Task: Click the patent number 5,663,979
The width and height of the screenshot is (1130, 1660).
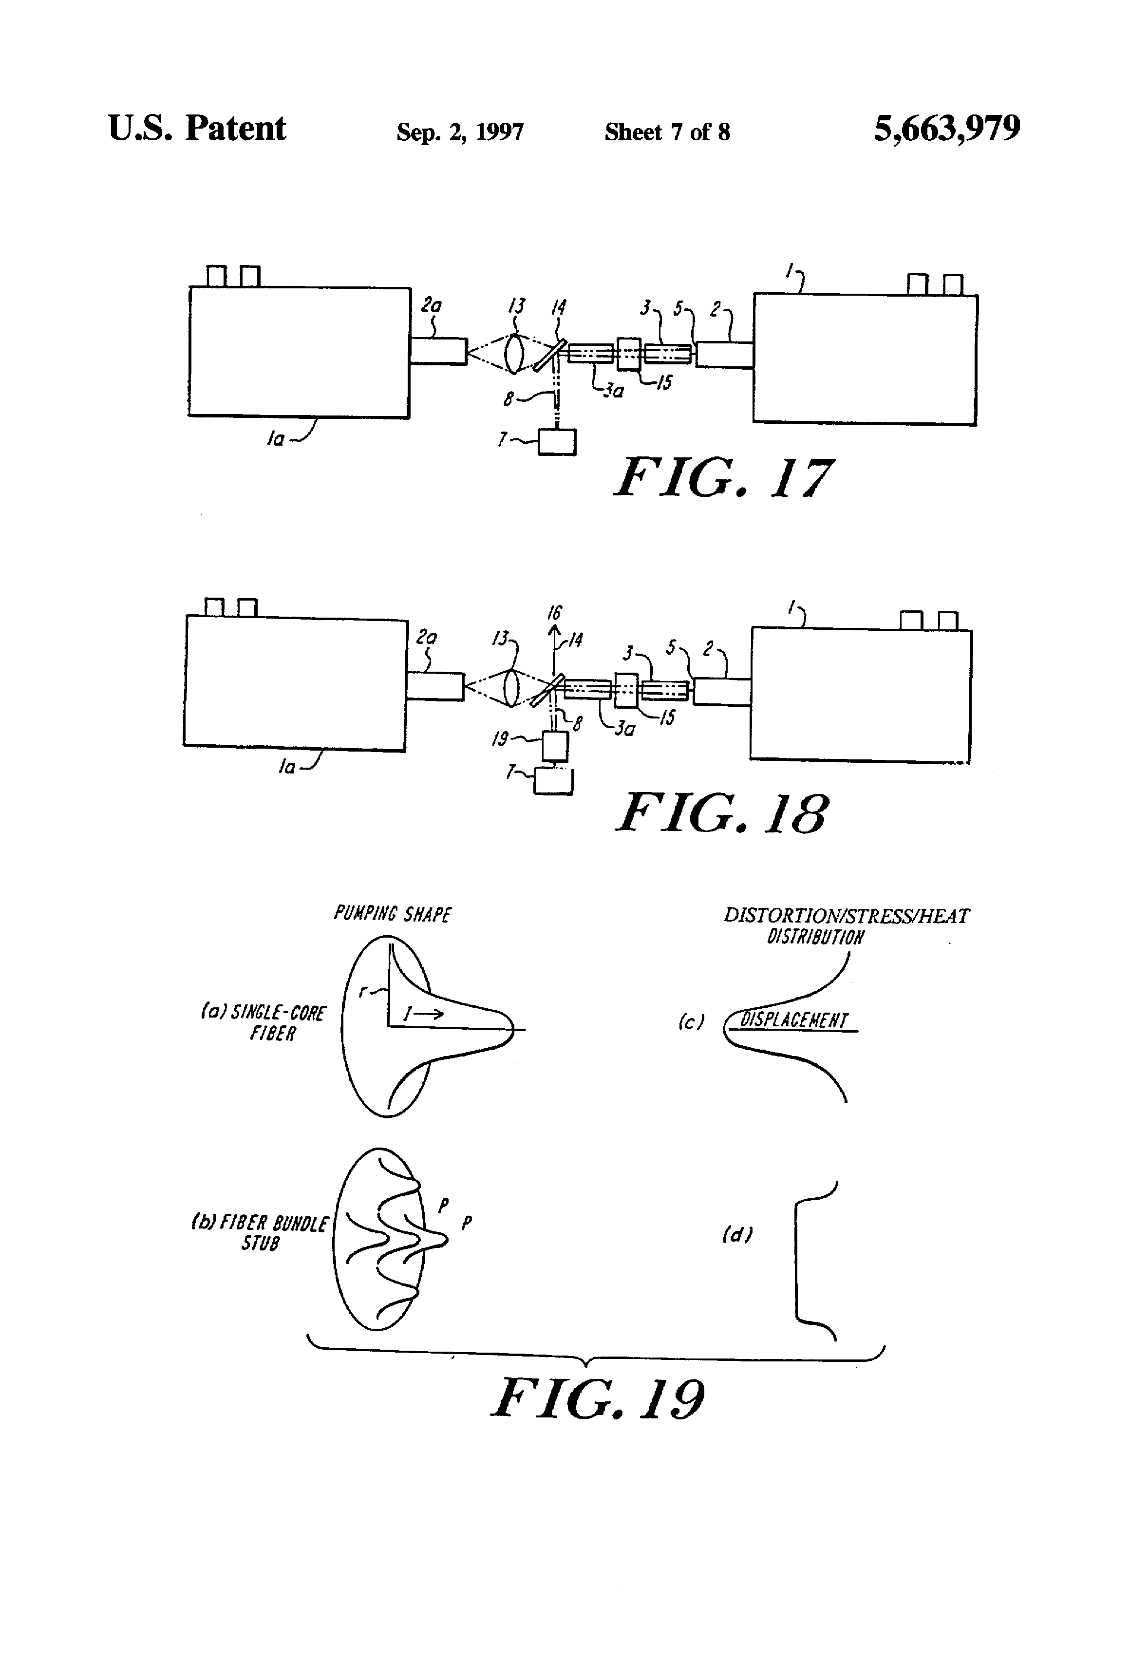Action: (x=946, y=129)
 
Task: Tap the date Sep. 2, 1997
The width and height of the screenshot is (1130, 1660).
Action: (x=460, y=132)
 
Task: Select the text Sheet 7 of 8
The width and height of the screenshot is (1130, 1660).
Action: (x=667, y=132)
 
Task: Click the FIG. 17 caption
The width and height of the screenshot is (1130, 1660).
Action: (x=723, y=478)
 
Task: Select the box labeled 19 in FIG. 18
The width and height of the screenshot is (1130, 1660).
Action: (x=555, y=746)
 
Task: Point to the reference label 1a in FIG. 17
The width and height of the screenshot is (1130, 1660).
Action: (x=276, y=438)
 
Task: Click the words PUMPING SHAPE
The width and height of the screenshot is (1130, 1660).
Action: (x=392, y=914)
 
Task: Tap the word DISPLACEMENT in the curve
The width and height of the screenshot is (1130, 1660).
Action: (x=793, y=1020)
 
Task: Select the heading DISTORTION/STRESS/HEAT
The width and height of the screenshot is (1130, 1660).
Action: (x=847, y=916)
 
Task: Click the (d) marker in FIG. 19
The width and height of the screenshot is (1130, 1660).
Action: (x=736, y=1234)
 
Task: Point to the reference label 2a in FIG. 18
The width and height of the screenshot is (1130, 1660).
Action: (x=426, y=637)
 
